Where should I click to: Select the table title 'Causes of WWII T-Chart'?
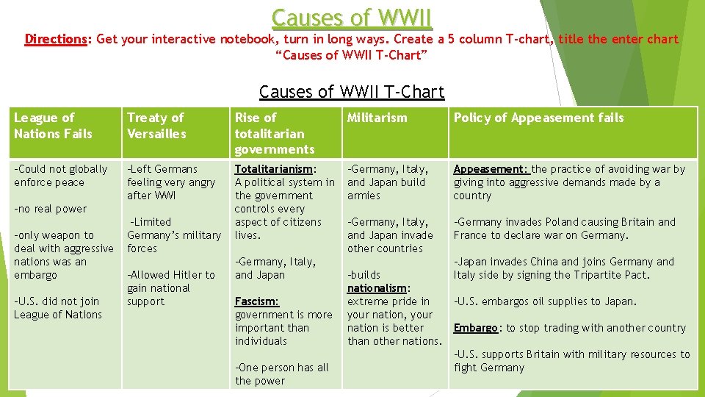point(352,92)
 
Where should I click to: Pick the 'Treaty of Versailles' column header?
point(156,126)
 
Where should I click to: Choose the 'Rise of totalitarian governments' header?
point(274,133)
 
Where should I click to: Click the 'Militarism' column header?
point(377,118)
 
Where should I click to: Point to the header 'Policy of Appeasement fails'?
point(538,118)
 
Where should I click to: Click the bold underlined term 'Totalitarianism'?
point(273,169)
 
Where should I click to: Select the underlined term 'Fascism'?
point(256,301)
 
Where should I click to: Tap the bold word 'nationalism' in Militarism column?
point(377,288)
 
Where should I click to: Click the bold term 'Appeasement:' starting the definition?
point(490,169)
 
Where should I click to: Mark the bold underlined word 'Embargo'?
point(477,328)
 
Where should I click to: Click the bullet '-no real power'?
point(50,209)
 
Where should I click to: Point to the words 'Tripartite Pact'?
point(611,275)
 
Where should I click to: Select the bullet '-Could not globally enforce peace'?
point(60,176)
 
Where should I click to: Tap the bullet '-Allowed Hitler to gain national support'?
point(170,288)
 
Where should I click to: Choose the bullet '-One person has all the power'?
point(281,374)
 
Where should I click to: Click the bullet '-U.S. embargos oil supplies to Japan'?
point(545,301)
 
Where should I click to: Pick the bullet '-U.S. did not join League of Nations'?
point(58,308)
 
